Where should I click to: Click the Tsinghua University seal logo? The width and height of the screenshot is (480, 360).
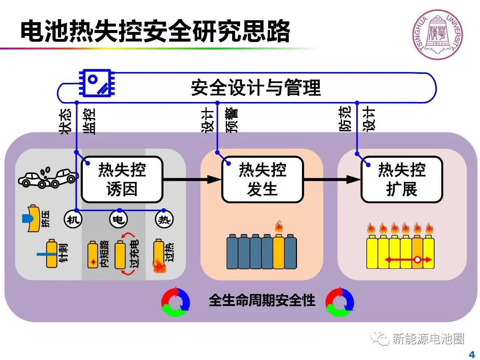(x=438, y=34)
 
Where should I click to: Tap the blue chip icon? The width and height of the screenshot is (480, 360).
(x=96, y=83)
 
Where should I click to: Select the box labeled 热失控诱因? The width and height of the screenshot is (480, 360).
(x=122, y=179)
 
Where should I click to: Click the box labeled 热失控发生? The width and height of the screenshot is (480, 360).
(x=262, y=179)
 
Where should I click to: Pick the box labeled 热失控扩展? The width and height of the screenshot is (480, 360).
(x=402, y=179)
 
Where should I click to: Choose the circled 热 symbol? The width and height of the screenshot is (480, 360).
(x=164, y=219)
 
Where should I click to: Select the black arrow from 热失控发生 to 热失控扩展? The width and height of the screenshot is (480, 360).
(x=332, y=179)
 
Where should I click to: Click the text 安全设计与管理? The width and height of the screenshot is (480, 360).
(x=256, y=88)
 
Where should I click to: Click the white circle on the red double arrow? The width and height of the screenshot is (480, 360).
(x=417, y=259)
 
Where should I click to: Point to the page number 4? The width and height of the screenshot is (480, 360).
(x=472, y=354)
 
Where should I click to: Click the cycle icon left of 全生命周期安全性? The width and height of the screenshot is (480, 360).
(x=175, y=302)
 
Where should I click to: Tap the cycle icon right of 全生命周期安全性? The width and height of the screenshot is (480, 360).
(x=339, y=302)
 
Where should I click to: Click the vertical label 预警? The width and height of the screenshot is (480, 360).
(x=232, y=120)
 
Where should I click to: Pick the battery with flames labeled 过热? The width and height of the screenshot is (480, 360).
(x=159, y=255)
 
